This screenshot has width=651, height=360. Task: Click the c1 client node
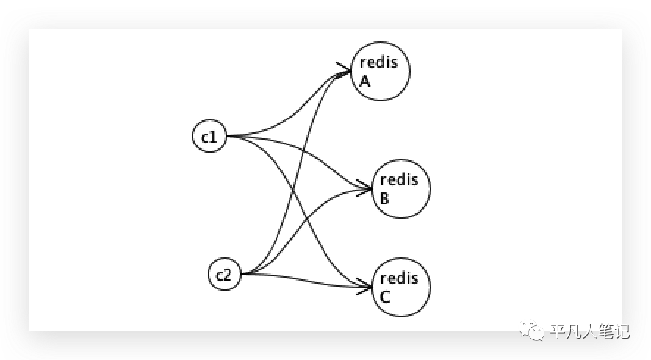click(x=209, y=137)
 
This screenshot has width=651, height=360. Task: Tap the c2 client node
click(x=224, y=275)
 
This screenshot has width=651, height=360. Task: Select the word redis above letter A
click(x=378, y=62)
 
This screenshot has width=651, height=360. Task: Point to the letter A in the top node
click(x=364, y=81)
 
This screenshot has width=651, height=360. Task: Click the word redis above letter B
click(x=399, y=179)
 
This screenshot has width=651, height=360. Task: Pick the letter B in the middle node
click(x=385, y=198)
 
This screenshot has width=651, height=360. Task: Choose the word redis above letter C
click(x=399, y=278)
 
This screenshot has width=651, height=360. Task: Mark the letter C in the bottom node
click(x=385, y=297)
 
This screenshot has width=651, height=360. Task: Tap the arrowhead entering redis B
click(x=365, y=188)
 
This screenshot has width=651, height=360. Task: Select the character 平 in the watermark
click(x=557, y=331)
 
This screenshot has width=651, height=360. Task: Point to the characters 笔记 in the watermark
click(x=614, y=331)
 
